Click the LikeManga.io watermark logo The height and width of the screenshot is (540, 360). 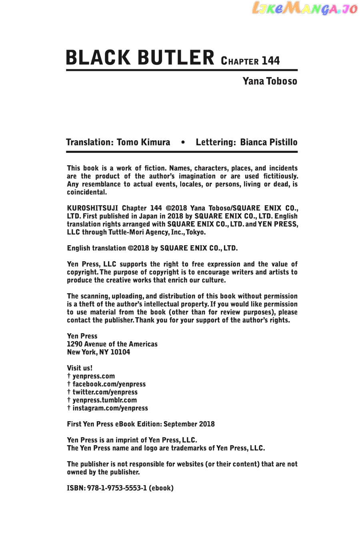(x=305, y=9)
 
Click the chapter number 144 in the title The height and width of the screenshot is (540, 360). (x=271, y=61)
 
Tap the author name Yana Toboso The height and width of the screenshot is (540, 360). (x=270, y=81)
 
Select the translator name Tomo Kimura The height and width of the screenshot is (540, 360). (x=143, y=142)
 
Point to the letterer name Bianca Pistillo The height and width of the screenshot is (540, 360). (x=268, y=142)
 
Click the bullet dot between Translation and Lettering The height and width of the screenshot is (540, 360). (x=183, y=142)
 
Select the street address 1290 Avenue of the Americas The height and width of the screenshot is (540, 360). (x=112, y=344)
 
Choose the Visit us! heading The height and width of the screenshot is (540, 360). (x=80, y=368)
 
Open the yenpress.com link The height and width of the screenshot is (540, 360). (x=94, y=376)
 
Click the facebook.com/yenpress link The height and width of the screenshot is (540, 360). (x=109, y=384)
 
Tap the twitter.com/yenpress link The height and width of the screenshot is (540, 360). (x=105, y=392)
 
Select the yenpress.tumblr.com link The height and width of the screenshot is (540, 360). (x=104, y=400)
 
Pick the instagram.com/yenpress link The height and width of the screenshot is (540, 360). (x=110, y=408)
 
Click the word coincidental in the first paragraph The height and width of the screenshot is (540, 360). (x=87, y=192)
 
